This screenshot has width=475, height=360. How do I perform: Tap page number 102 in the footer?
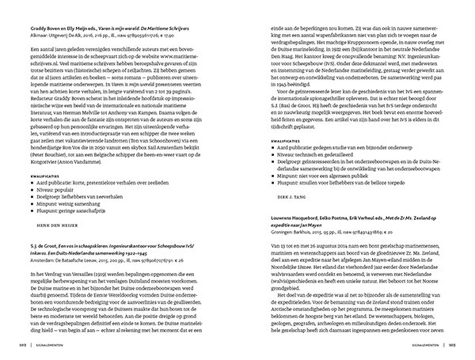click(16, 345)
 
